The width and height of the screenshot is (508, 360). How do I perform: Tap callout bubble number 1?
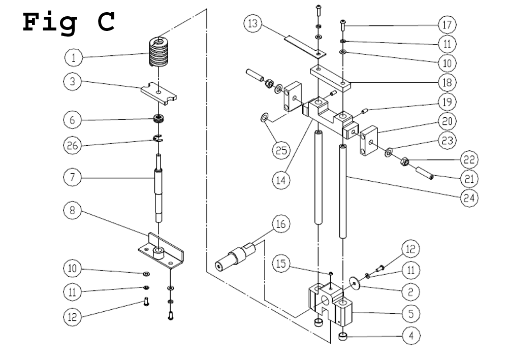click(x=74, y=57)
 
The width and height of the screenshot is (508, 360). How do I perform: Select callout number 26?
click(x=73, y=146)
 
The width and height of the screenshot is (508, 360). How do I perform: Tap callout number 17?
click(x=448, y=24)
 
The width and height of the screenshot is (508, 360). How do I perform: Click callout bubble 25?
click(x=280, y=150)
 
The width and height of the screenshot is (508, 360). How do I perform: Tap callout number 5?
click(x=412, y=314)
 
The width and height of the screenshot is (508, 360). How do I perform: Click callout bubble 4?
click(x=412, y=336)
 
